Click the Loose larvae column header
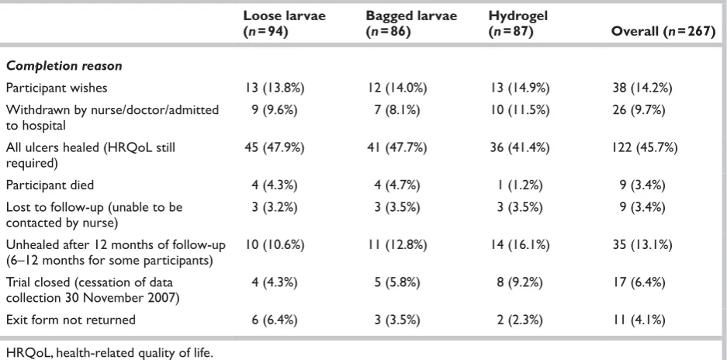(285, 23)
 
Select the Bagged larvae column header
(411, 23)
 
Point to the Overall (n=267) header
(663, 32)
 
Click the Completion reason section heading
(64, 66)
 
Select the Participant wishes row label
(57, 88)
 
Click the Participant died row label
(50, 185)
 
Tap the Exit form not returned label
(71, 320)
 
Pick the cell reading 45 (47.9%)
(275, 147)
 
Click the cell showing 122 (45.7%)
(645, 147)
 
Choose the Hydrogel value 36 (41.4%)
(519, 147)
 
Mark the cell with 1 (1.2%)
(519, 185)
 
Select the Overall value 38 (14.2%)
(642, 88)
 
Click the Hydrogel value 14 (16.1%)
(519, 244)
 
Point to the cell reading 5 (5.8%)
(397, 282)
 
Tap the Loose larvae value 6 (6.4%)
(275, 320)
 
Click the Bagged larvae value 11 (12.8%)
(397, 244)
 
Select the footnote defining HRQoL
(109, 352)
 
